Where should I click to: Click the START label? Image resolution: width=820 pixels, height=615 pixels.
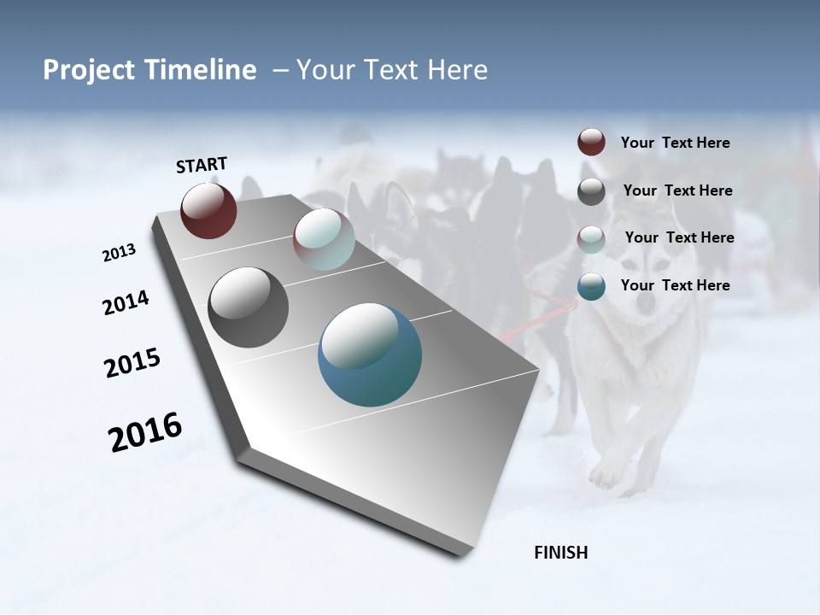[202, 165]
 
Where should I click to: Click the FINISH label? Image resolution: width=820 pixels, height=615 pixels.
[561, 553]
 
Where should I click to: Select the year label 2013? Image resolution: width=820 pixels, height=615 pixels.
[119, 254]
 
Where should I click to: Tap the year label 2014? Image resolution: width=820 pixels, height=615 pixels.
[126, 303]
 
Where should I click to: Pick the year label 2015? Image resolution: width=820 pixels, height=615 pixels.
[132, 363]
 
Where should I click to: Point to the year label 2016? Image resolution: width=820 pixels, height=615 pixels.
[145, 432]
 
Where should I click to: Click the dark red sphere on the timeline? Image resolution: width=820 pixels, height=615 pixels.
[208, 210]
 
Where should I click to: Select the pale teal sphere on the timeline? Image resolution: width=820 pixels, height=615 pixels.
[324, 239]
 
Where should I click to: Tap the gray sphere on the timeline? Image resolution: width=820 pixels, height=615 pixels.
[248, 307]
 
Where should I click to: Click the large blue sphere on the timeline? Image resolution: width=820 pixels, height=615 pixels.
[370, 354]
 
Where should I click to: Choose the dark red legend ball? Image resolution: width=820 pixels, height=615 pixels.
[591, 143]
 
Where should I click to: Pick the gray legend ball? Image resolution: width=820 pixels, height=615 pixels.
[591, 191]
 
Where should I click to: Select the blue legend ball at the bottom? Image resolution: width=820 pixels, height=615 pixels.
[591, 286]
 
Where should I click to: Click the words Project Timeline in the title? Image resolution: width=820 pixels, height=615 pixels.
[149, 70]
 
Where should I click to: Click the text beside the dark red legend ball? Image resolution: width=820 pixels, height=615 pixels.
[675, 143]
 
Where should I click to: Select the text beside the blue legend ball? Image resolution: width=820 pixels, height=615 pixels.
[675, 285]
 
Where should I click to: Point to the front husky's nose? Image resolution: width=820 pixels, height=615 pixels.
[647, 302]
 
